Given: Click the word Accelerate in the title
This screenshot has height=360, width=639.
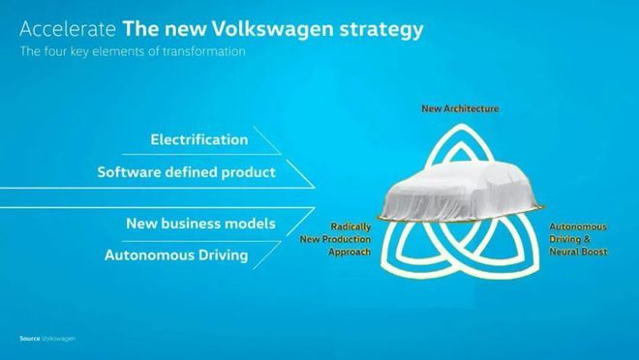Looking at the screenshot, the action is click(x=68, y=29).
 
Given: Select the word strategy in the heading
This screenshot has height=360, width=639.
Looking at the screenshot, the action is click(x=381, y=31).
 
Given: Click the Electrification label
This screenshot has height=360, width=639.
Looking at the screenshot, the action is click(x=199, y=139).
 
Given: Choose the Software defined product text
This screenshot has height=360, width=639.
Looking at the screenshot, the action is click(x=186, y=172).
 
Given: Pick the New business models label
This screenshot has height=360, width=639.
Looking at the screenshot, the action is click(x=201, y=224).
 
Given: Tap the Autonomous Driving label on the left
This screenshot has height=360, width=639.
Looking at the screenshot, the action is click(x=176, y=255).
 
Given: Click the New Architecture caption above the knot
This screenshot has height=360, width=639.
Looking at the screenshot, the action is click(x=460, y=108).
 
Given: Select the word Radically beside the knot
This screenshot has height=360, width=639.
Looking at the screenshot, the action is click(x=350, y=226).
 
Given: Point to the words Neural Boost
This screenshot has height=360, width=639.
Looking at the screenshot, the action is click(x=578, y=252).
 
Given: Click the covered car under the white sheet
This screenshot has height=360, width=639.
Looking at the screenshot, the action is click(x=461, y=191).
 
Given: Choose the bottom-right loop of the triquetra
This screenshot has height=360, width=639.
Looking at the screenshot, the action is click(x=530, y=260).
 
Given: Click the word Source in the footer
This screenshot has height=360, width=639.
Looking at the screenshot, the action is click(x=30, y=339).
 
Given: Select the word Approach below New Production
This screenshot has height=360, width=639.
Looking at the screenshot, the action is click(x=350, y=252).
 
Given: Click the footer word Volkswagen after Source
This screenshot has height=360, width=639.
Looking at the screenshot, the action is click(x=59, y=339).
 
